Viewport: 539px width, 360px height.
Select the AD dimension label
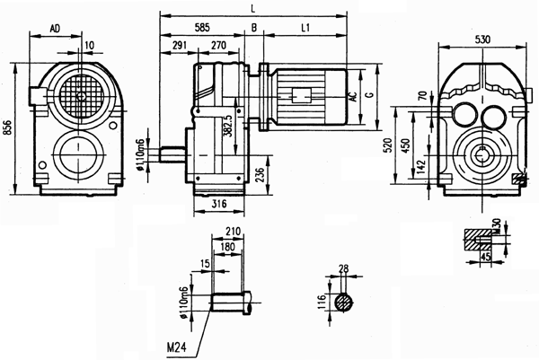55,29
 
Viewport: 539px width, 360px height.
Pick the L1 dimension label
305,29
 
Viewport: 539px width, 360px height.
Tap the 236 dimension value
259,173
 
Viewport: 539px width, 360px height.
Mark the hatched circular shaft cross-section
342,303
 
